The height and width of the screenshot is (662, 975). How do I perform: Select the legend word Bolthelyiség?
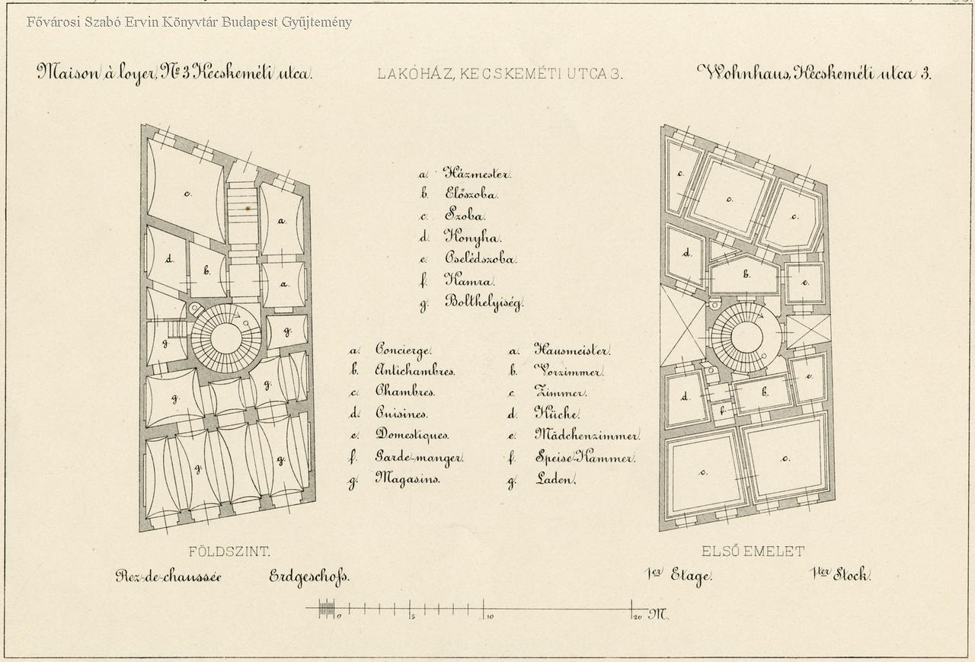point(483,302)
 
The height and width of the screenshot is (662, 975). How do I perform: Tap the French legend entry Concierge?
point(403,350)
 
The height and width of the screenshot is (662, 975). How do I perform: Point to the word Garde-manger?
point(419,458)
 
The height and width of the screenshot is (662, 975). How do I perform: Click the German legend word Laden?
point(555,480)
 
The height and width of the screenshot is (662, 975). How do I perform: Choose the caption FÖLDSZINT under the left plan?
point(229,552)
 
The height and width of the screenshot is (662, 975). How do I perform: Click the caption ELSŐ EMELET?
point(753,552)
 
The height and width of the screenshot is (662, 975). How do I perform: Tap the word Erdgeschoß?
point(308,577)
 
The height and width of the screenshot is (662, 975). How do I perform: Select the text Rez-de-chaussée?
point(168,577)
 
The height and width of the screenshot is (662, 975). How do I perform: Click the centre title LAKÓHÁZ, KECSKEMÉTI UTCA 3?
point(500,74)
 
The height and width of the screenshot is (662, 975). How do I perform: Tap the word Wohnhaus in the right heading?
point(743,73)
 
